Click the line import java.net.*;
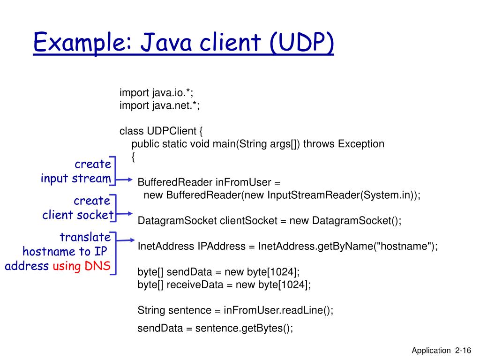pyautogui.click(x=159, y=105)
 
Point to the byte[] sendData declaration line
pyautogui.click(x=218, y=272)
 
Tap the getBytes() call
pyautogui.click(x=267, y=328)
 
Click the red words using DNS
pyautogui.click(x=82, y=266)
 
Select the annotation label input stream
pyautogui.click(x=76, y=179)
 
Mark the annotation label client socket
pyautogui.click(x=78, y=215)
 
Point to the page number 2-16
pyautogui.click(x=462, y=351)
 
